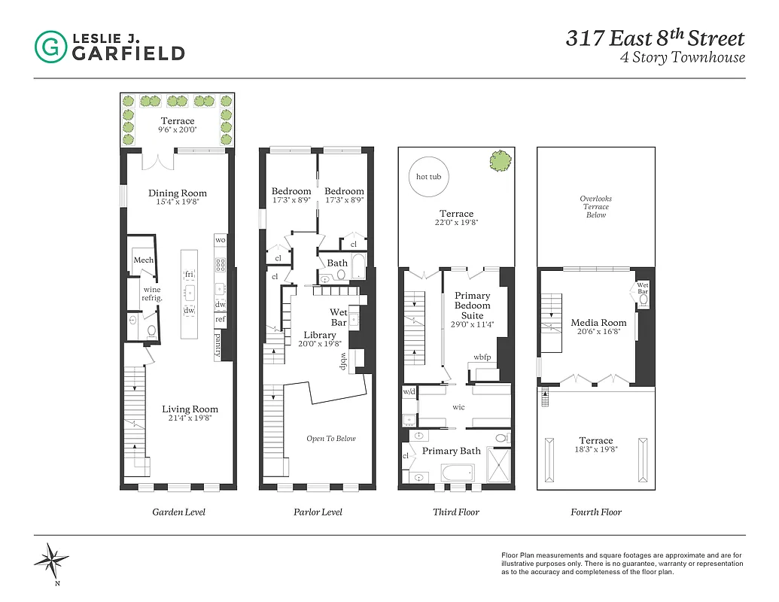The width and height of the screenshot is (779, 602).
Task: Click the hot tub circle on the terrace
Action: pos(429,177)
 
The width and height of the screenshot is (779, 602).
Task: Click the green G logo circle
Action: pos(50,47)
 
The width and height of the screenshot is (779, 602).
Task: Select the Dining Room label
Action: pos(178,193)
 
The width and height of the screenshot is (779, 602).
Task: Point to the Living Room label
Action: pos(190,409)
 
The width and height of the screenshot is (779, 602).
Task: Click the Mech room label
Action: pos(144,260)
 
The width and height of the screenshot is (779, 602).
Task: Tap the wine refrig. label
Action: pos(153,293)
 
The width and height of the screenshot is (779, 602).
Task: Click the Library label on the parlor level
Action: pos(320,335)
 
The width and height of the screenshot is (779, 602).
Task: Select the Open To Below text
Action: pos(331,439)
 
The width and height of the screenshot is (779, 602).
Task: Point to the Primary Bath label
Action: pos(451,451)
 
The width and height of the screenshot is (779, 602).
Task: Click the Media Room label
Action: pos(598,323)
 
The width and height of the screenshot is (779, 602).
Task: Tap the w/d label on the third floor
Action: pos(409,392)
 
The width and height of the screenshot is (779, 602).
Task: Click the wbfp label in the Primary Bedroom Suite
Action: pos(482,357)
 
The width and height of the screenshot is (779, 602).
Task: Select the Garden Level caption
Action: pos(178,512)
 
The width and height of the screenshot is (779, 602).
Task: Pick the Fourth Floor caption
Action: pos(596,512)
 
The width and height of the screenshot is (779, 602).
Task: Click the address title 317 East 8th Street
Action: pos(655,38)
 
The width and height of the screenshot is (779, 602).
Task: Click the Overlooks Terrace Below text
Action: pos(596,207)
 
